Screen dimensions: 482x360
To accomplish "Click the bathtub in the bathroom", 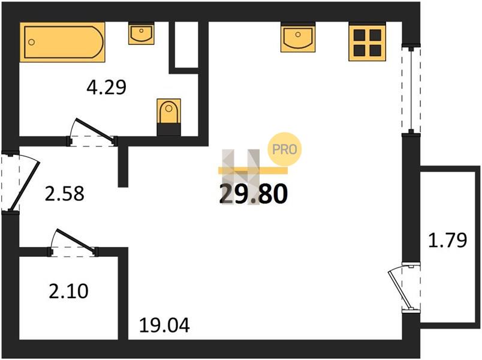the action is (x=62, y=42).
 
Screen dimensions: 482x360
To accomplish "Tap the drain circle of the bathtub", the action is (x=31, y=42).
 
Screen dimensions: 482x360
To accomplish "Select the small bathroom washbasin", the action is (x=141, y=33).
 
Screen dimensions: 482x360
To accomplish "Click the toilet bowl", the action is (x=168, y=111).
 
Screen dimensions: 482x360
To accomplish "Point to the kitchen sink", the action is (x=298, y=37).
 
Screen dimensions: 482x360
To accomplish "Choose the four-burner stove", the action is (x=367, y=42).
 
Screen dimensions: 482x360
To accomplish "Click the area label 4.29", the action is (x=106, y=87).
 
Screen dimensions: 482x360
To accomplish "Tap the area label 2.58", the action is (x=64, y=194).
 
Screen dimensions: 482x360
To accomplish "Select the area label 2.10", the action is (x=68, y=291).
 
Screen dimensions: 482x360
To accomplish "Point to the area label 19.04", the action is (x=164, y=325).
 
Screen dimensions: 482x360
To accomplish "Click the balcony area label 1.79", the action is (x=448, y=241).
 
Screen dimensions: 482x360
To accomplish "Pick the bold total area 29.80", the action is (x=254, y=194).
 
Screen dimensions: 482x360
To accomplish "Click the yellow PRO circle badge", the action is (x=285, y=149).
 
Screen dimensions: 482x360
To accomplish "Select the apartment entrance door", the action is (x=22, y=181).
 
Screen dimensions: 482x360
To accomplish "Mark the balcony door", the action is (x=403, y=287).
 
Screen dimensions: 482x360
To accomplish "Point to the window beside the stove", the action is (x=411, y=89).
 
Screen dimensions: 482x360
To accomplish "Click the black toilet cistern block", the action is (x=168, y=130).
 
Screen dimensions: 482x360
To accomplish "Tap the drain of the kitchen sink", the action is (x=297, y=34).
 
